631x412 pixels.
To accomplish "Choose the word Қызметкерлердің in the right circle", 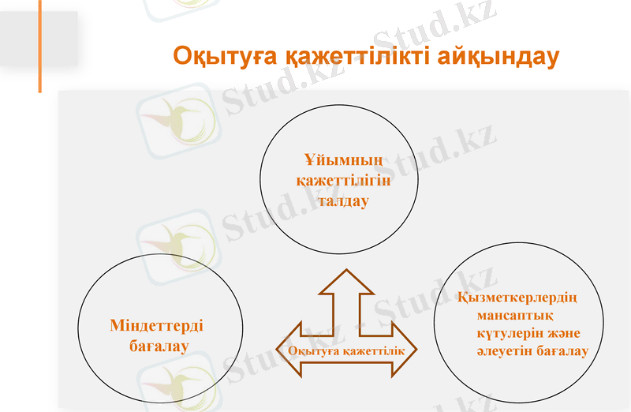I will (x=518, y=298).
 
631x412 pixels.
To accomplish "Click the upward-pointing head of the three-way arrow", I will (x=345, y=283).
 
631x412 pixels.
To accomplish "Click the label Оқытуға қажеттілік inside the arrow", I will (x=346, y=350).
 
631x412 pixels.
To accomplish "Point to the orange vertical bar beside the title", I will (x=39, y=47).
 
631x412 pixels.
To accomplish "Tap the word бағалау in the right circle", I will (x=562, y=351).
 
